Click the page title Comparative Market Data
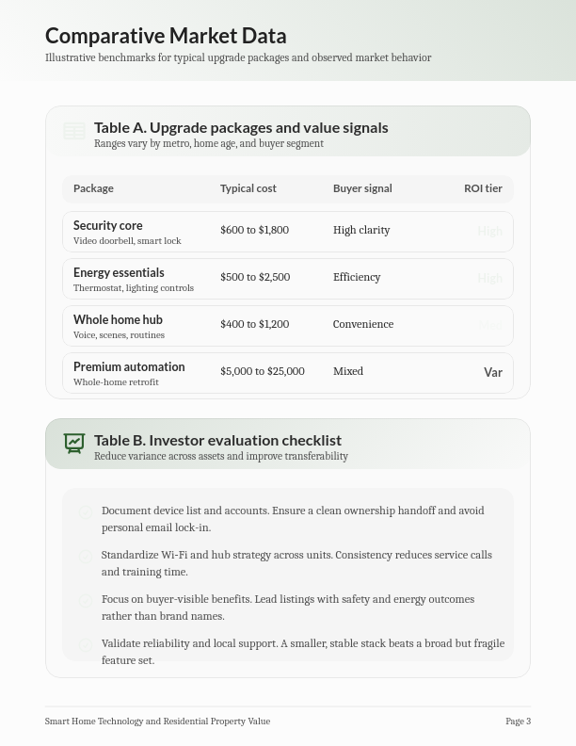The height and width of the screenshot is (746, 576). click(166, 36)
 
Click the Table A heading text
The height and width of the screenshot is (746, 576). click(241, 127)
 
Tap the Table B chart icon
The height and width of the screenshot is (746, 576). click(74, 443)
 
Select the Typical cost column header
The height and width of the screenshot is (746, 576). click(248, 188)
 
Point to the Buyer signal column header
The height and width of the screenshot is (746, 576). click(362, 188)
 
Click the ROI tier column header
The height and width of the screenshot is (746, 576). click(483, 188)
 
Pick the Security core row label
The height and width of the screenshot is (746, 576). click(108, 226)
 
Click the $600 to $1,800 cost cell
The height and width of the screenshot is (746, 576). click(254, 230)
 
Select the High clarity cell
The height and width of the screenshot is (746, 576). click(361, 230)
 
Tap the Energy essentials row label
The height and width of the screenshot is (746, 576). click(119, 273)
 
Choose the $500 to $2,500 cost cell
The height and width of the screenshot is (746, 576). click(254, 277)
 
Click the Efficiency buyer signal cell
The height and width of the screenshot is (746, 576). click(357, 277)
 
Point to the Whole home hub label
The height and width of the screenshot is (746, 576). click(118, 320)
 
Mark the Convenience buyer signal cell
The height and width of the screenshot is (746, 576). click(363, 324)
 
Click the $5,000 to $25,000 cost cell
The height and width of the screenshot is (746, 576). click(262, 371)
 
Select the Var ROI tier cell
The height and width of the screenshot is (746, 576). click(493, 372)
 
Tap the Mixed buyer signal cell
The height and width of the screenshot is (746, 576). click(348, 371)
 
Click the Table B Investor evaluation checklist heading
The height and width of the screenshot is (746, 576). click(217, 440)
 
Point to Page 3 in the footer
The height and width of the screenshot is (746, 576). click(518, 722)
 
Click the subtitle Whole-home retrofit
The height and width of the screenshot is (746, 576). click(116, 382)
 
